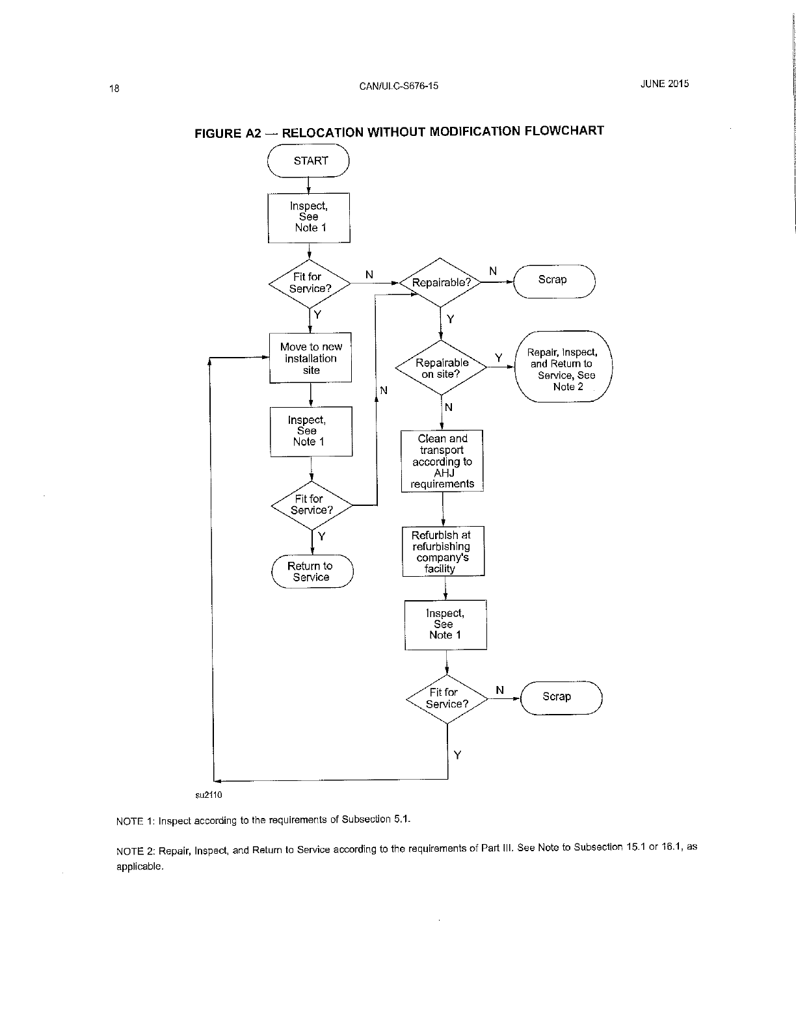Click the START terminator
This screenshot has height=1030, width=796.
pos(309,161)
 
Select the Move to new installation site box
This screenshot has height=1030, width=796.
pos(311,358)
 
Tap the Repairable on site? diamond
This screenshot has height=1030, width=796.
pos(442,368)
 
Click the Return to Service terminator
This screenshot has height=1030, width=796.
pos(312,572)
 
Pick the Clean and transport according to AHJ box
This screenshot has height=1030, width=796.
pos(442,461)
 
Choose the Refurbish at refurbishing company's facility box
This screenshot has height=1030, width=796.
pos(444,551)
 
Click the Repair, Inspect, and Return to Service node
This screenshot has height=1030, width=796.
pos(563,367)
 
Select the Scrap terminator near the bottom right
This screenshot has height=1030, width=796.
pos(561,697)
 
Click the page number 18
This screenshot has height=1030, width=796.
pos(114,88)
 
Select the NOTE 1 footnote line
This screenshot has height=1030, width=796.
pos(263,819)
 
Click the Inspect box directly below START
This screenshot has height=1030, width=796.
pos(309,217)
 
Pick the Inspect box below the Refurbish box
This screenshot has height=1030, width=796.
pos(445,624)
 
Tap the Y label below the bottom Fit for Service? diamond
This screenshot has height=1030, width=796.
pos(458,755)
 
